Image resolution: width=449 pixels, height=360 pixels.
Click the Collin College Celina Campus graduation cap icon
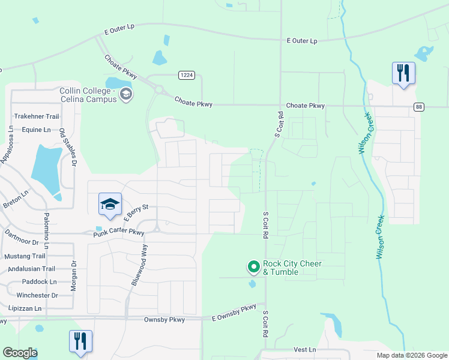pyautogui.click(x=126, y=94)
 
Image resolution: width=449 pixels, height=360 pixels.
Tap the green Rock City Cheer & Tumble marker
pyautogui.click(x=253, y=266)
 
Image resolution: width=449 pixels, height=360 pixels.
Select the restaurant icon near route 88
pyautogui.click(x=403, y=73)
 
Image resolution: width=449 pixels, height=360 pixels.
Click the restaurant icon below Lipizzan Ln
pyautogui.click(x=80, y=341)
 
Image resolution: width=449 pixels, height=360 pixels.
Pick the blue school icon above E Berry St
pyautogui.click(x=110, y=205)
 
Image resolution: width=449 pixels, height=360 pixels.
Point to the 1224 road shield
pyautogui.click(x=186, y=74)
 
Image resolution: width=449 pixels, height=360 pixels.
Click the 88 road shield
pyautogui.click(x=419, y=107)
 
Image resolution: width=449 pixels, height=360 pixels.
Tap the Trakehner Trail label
pyautogui.click(x=37, y=116)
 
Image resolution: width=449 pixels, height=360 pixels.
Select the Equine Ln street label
pyautogui.click(x=37, y=130)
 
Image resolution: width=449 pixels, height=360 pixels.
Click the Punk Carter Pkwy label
pyautogui.click(x=119, y=232)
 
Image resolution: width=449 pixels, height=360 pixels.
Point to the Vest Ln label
pyautogui.click(x=305, y=350)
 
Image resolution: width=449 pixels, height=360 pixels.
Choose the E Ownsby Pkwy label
pyautogui.click(x=234, y=312)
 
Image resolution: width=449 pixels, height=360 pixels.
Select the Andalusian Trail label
pyautogui.click(x=29, y=269)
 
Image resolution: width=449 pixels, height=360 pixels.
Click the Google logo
pyautogui.click(x=20, y=353)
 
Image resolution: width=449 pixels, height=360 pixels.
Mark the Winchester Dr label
pyautogui.click(x=37, y=295)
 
